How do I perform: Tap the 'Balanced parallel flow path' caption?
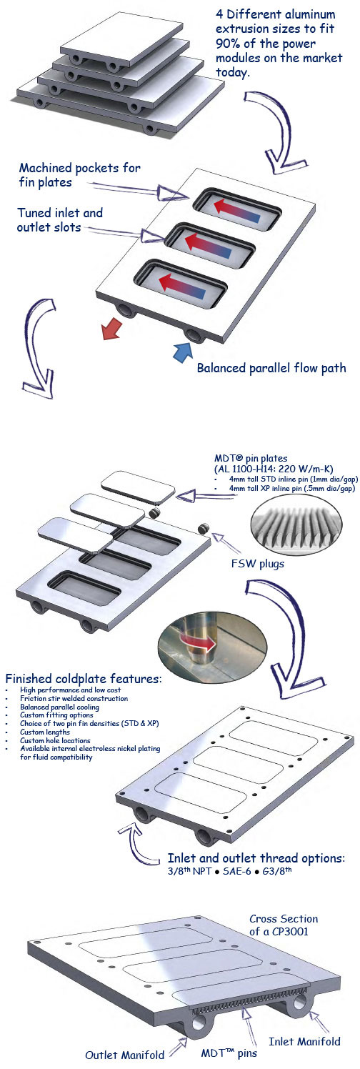coord(271,368)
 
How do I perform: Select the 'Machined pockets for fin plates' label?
coord(79,175)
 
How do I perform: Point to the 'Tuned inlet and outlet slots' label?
coord(60,220)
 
